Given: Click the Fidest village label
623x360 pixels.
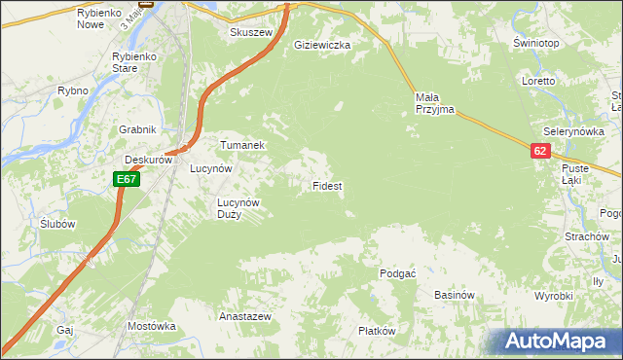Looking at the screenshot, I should click(326, 185).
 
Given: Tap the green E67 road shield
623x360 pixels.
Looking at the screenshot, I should click(126, 179).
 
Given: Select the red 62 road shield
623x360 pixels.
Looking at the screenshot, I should click(541, 151).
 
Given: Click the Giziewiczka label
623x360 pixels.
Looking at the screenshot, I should click(322, 45).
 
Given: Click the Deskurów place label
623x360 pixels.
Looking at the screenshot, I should click(147, 161).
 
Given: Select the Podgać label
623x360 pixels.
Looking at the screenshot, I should click(397, 274).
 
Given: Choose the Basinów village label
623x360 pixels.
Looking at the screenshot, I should click(453, 295).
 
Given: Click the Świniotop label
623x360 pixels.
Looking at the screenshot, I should click(535, 44).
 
